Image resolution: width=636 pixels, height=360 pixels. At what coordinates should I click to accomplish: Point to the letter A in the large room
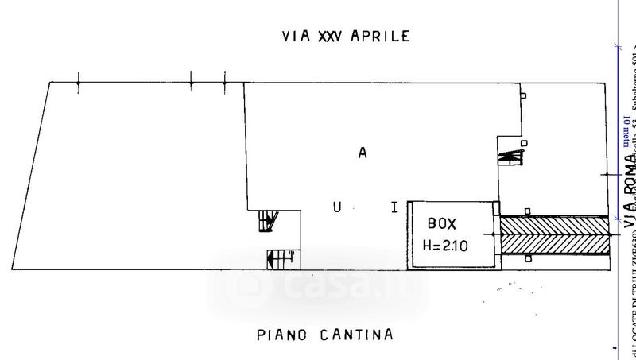(x=362, y=155)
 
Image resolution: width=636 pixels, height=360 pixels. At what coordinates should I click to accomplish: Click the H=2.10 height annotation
(x=446, y=246)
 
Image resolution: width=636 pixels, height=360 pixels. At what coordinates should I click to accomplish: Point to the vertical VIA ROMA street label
(x=629, y=188)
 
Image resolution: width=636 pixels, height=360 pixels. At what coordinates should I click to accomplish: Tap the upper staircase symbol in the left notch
(x=268, y=220)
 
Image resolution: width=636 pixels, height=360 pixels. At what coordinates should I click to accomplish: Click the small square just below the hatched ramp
(x=529, y=258)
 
